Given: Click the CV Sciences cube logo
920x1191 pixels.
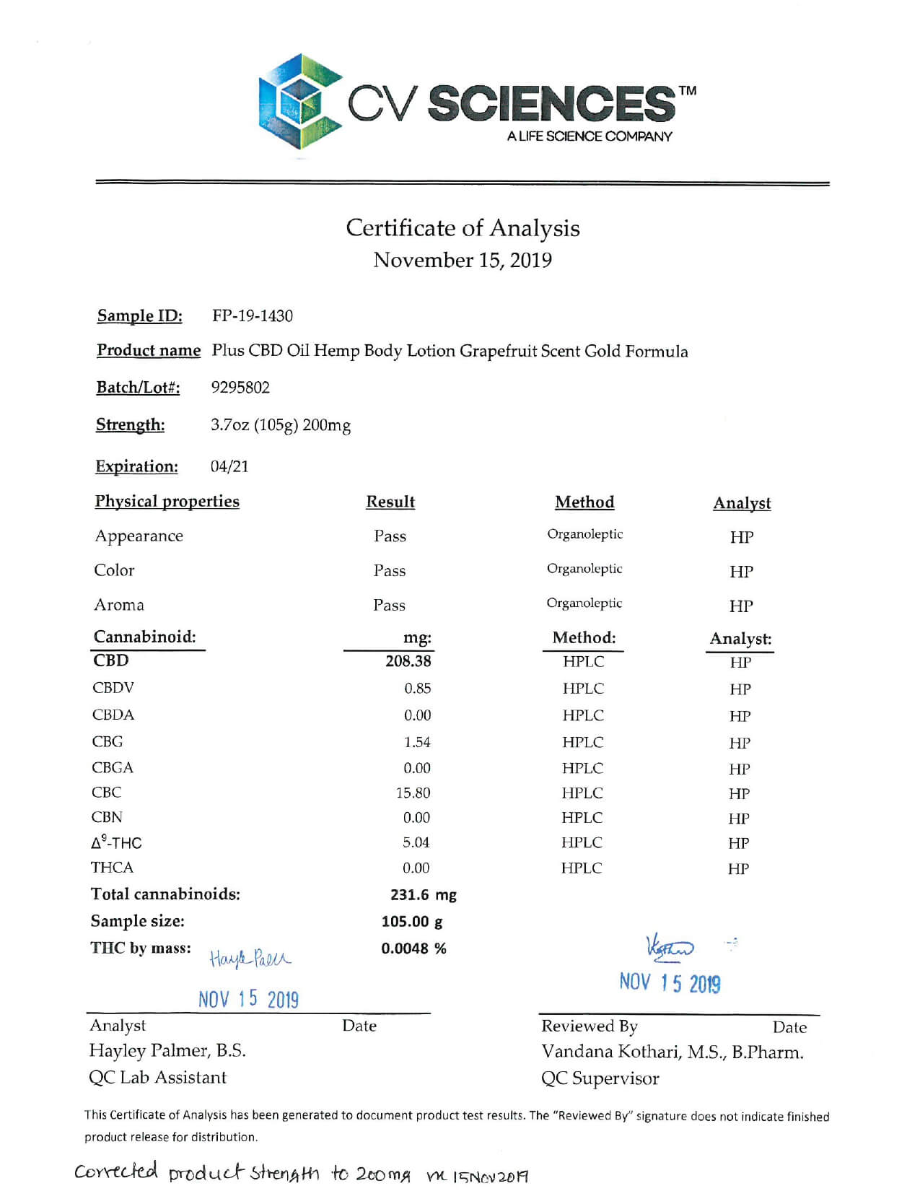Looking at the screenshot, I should click(x=299, y=102).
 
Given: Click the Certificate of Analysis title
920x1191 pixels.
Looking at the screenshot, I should click(x=463, y=228).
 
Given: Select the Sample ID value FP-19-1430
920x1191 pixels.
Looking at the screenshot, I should click(x=253, y=316).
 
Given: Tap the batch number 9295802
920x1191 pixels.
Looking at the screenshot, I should click(x=240, y=388).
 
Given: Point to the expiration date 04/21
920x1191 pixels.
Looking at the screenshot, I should click(x=229, y=467).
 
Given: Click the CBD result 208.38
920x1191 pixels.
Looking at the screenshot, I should click(x=408, y=661).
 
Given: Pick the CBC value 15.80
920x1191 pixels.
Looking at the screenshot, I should click(x=413, y=793).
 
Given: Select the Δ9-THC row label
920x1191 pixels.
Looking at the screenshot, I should click(x=116, y=843).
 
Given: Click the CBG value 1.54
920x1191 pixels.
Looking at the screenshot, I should click(x=417, y=743).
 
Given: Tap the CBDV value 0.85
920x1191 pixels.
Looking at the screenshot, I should click(x=417, y=689).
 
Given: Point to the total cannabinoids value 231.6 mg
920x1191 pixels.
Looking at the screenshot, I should click(x=424, y=895).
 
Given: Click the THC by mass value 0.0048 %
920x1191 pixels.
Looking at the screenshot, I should click(x=413, y=948).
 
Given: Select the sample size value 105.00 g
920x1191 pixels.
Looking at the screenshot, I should click(x=412, y=922).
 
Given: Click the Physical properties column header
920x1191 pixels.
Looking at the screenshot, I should click(x=167, y=502).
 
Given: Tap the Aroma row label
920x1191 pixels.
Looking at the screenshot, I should click(x=119, y=605).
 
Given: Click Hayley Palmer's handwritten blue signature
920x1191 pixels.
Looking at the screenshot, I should click(x=250, y=959).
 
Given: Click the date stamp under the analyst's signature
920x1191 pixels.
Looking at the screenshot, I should click(x=248, y=1000).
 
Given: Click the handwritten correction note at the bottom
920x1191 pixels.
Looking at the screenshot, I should click(x=302, y=1173).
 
